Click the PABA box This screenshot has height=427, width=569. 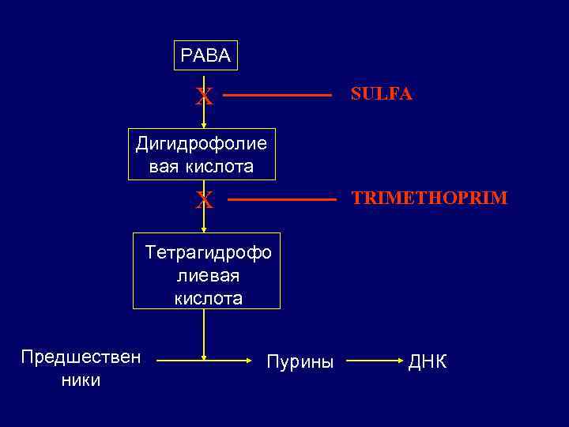(205, 55)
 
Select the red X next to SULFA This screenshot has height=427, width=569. (205, 96)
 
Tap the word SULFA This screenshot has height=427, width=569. (382, 95)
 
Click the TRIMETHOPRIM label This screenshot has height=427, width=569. (429, 198)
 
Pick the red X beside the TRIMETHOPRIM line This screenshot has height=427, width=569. (205, 201)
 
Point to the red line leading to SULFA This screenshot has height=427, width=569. (271, 96)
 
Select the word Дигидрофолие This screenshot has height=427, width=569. (202, 144)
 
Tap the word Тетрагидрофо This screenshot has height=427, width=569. (209, 253)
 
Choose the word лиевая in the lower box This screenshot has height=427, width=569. (209, 276)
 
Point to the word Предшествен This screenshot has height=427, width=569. (81, 357)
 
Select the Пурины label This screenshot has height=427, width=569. (300, 362)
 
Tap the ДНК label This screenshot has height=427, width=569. (428, 362)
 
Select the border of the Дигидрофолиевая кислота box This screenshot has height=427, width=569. (130, 154)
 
